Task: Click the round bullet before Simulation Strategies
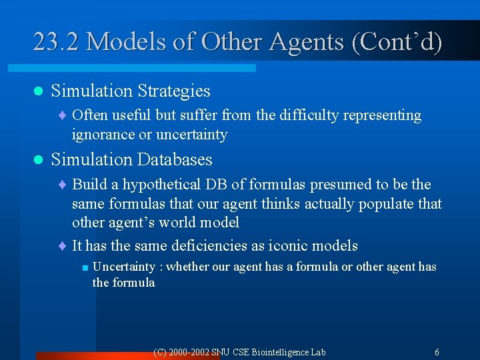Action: click(38, 91)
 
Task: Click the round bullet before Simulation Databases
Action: click(38, 160)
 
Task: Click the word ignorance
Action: click(103, 135)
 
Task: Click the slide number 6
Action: click(436, 352)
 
